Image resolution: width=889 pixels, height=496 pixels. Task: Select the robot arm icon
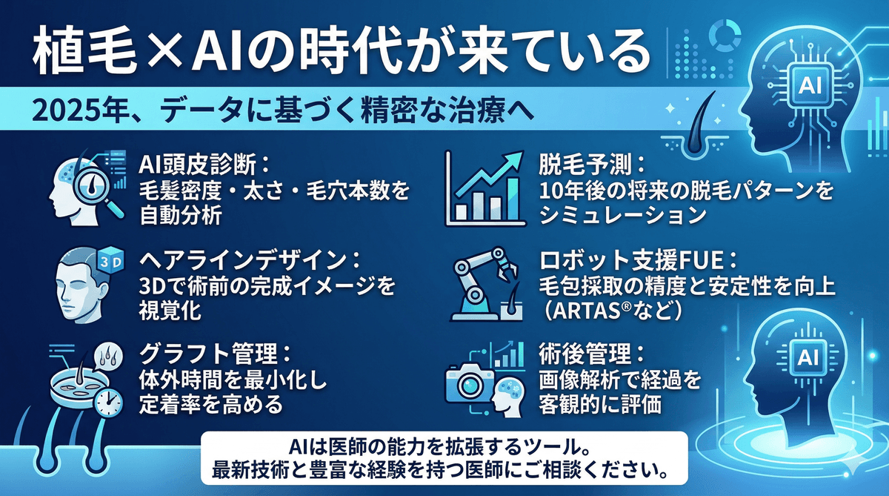482,282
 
